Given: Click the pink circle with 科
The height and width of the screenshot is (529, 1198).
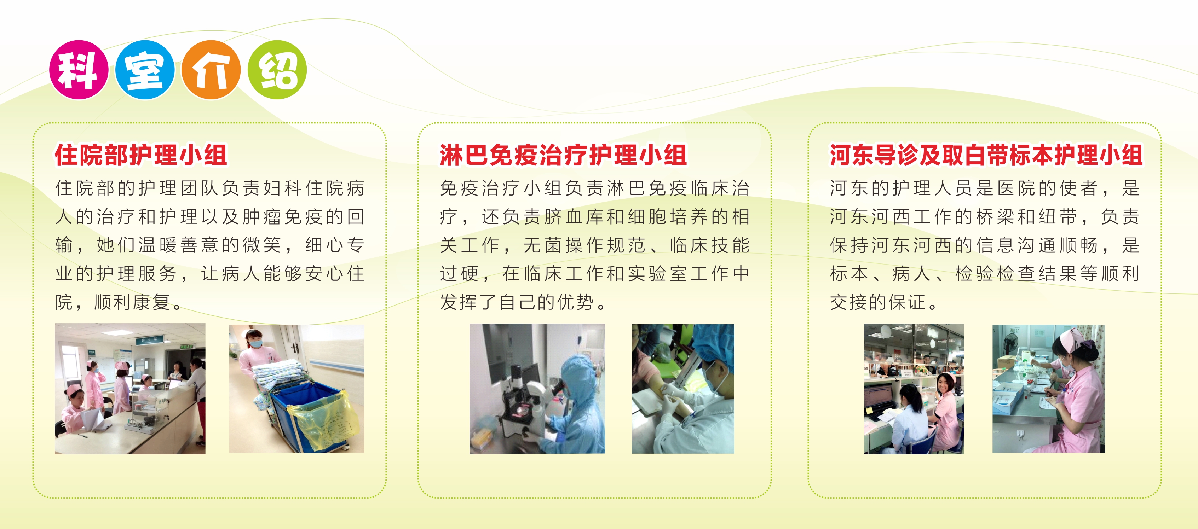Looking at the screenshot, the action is (79, 70).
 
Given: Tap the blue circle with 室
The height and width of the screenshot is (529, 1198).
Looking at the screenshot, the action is (145, 70).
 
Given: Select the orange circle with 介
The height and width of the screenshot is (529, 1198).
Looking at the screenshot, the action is (211, 70).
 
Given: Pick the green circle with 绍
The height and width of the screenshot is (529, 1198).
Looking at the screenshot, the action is (277, 70).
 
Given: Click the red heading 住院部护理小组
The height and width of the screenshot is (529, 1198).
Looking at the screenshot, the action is (141, 155).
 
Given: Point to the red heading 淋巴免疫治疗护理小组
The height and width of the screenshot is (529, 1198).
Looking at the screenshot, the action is (563, 155).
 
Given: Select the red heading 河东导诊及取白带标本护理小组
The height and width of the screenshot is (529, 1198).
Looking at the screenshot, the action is (986, 155).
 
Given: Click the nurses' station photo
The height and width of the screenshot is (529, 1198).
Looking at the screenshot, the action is (130, 389).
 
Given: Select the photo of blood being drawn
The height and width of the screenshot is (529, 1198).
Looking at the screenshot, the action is (683, 389).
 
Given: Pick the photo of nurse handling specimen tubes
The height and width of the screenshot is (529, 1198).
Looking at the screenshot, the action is (1049, 389).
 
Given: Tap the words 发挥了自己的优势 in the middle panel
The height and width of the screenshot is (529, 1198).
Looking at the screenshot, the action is (517, 302).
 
